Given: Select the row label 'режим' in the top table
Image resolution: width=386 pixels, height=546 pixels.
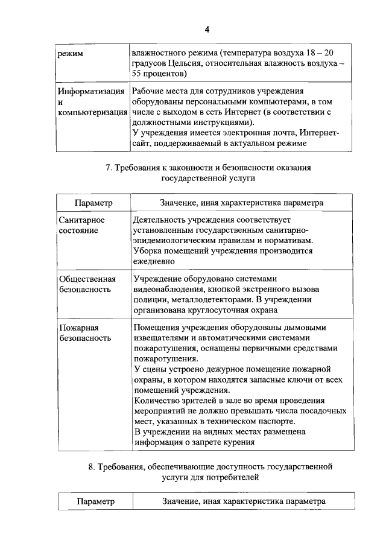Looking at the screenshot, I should point(70,54).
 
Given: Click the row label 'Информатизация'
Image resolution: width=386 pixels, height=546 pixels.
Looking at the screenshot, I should point(91,92).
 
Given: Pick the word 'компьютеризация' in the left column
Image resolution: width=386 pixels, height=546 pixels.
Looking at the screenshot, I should point(92,113).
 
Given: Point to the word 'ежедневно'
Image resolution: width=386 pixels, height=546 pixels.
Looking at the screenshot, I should point(154,261).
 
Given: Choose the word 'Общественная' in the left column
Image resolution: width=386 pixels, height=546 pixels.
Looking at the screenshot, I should point(86,279).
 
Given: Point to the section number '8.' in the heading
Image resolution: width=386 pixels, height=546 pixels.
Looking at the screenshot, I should point(91,466).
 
